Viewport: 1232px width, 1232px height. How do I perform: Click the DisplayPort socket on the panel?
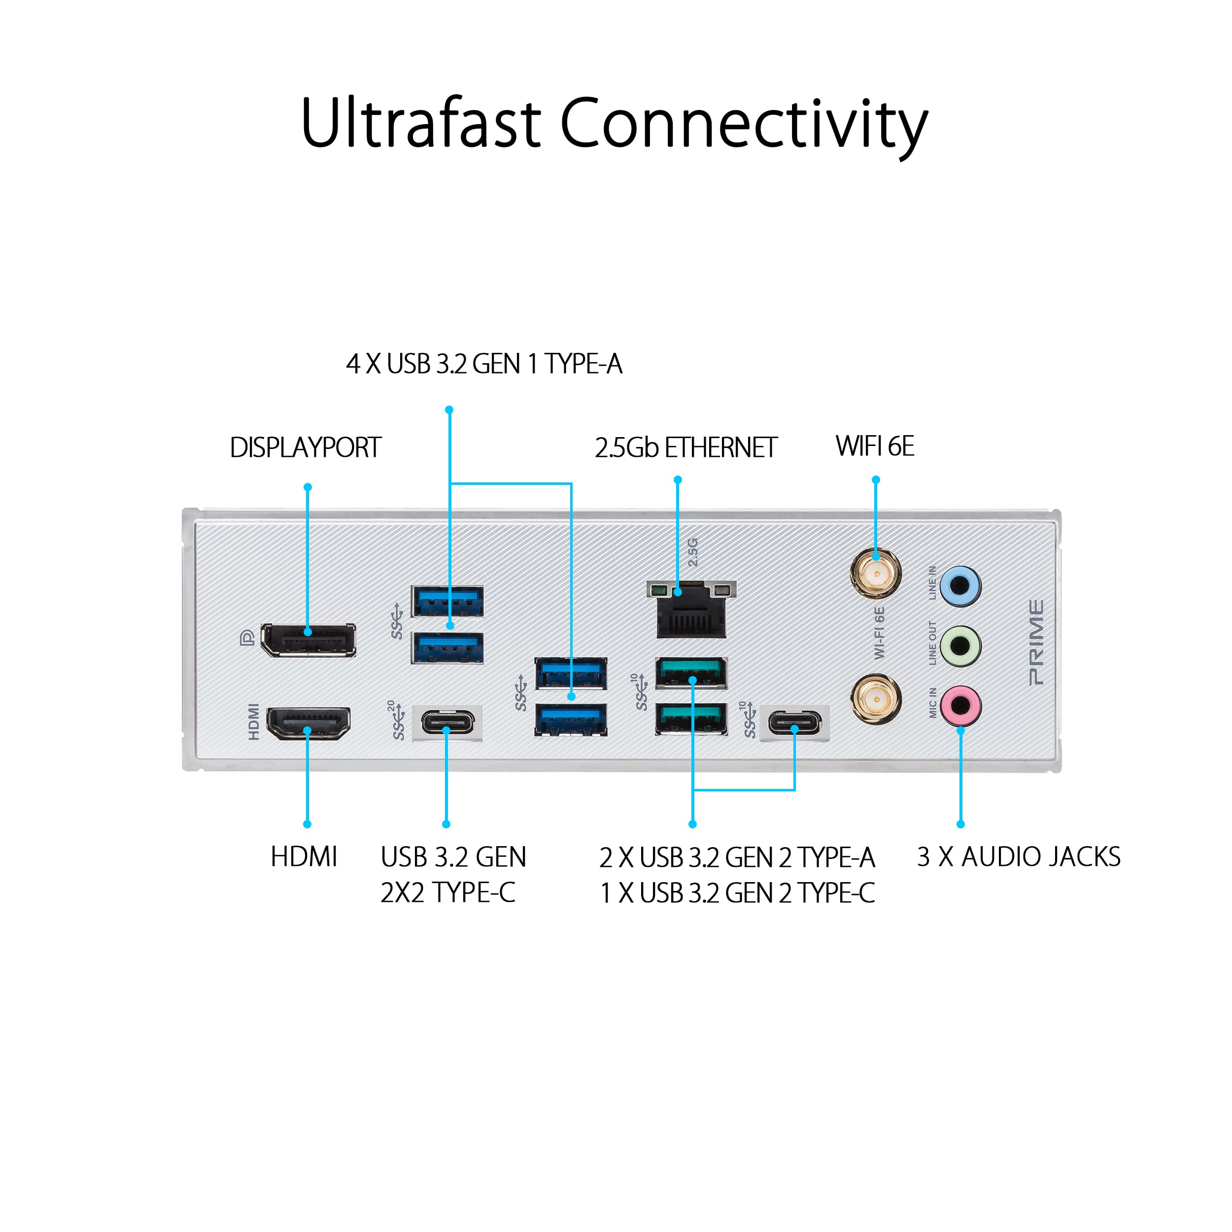tap(308, 640)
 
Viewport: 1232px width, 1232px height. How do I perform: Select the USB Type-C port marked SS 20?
tap(447, 723)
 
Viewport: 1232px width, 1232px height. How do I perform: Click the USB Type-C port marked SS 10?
tap(794, 723)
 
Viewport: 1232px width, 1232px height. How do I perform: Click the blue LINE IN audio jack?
tap(960, 585)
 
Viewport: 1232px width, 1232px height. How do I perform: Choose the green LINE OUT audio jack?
tap(960, 645)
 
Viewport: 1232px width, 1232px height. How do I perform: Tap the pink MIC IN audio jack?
tap(960, 705)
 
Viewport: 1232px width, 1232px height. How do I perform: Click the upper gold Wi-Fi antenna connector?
tap(876, 572)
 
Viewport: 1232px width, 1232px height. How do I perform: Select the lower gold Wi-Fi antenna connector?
tap(876, 700)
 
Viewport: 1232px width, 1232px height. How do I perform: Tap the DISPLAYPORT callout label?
tap(306, 447)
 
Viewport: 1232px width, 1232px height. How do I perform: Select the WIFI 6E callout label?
tap(875, 446)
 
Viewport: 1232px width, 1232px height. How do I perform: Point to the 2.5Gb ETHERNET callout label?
tap(686, 447)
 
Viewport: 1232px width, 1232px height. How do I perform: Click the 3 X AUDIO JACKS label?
tap(1019, 856)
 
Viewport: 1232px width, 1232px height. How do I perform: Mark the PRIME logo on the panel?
tap(1036, 642)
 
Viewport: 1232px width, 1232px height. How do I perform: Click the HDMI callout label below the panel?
tap(304, 856)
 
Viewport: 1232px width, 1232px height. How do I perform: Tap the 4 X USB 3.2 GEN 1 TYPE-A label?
tap(484, 364)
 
